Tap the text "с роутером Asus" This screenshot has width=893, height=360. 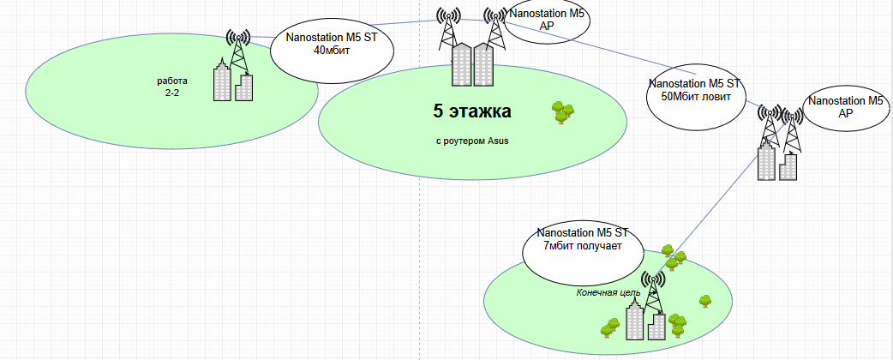[x=472, y=141]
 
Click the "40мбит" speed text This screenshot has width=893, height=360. [x=332, y=50]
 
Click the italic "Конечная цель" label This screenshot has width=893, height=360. [x=608, y=292]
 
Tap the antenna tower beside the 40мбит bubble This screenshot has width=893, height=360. [x=239, y=51]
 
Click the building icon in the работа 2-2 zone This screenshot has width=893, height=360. [x=233, y=81]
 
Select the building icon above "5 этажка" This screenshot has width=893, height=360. [x=473, y=65]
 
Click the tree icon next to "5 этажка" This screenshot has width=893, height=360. [x=562, y=111]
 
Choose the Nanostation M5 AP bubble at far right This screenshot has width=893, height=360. [x=846, y=107]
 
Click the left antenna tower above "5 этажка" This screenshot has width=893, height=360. [x=448, y=29]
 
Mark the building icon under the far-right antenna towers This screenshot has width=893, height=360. [x=778, y=162]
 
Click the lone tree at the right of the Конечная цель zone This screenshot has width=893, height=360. [x=705, y=300]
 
